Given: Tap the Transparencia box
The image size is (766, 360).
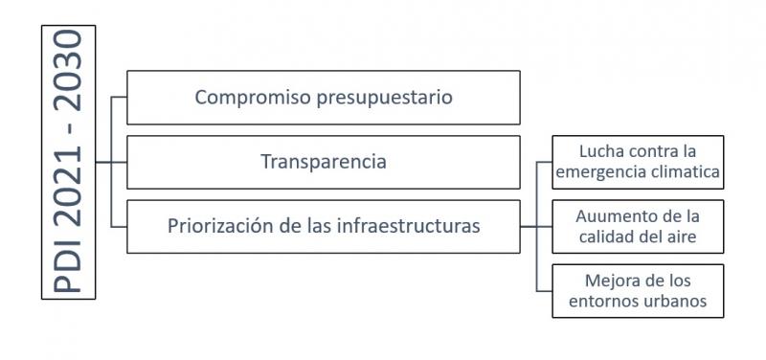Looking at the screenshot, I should tap(324, 162).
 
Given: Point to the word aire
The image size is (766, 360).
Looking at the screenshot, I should tap(681, 237).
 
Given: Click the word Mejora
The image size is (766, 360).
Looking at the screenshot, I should tap(608, 281).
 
